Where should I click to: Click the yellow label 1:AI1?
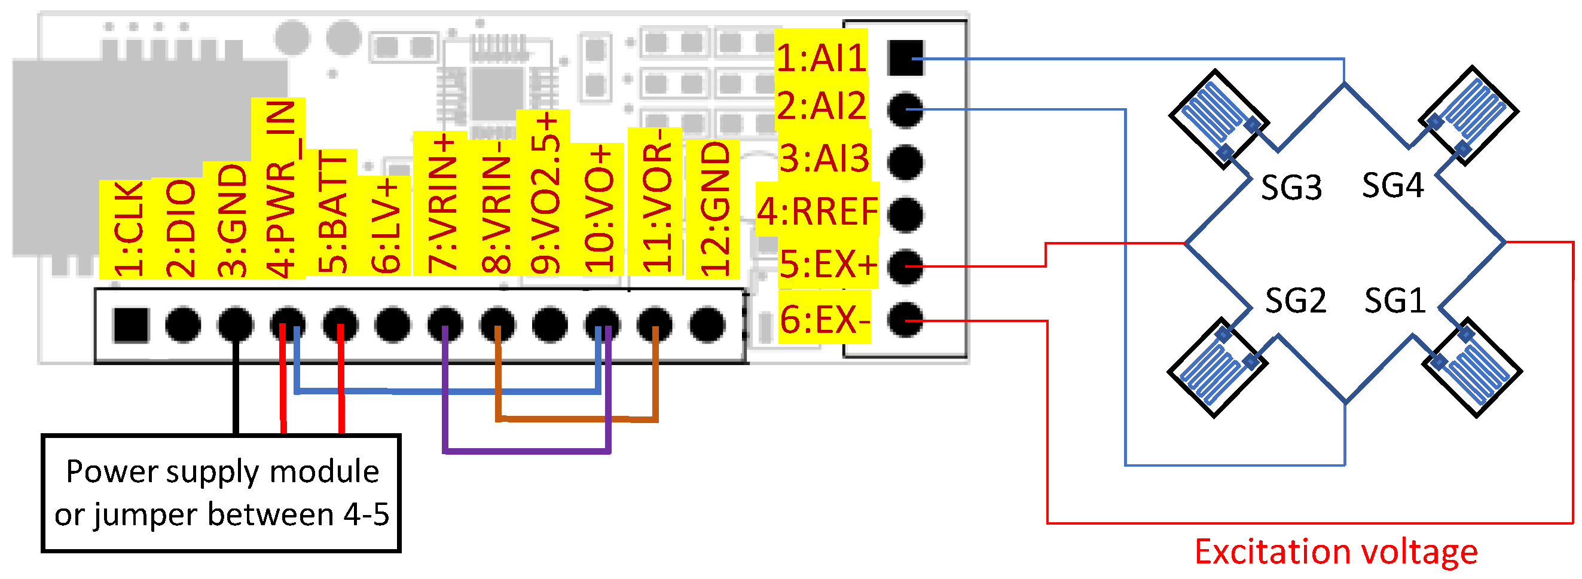click(x=820, y=59)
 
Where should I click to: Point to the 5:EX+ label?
click(x=827, y=265)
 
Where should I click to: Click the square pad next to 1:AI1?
click(x=905, y=59)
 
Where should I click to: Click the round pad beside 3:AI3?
click(x=905, y=162)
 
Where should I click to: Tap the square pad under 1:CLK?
click(x=131, y=324)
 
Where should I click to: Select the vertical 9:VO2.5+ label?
click(x=544, y=192)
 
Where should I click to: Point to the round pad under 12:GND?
click(x=707, y=324)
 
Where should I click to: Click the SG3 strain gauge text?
click(x=1290, y=187)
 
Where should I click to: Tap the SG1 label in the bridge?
click(x=1394, y=301)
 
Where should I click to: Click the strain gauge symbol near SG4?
click(x=1468, y=115)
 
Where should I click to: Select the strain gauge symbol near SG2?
click(x=1215, y=368)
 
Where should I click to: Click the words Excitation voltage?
click(x=1336, y=551)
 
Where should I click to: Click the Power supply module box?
click(x=221, y=493)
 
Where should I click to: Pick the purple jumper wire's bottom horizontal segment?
click(x=526, y=451)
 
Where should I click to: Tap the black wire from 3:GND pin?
click(x=236, y=393)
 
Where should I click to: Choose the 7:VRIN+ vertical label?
click(x=443, y=203)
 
